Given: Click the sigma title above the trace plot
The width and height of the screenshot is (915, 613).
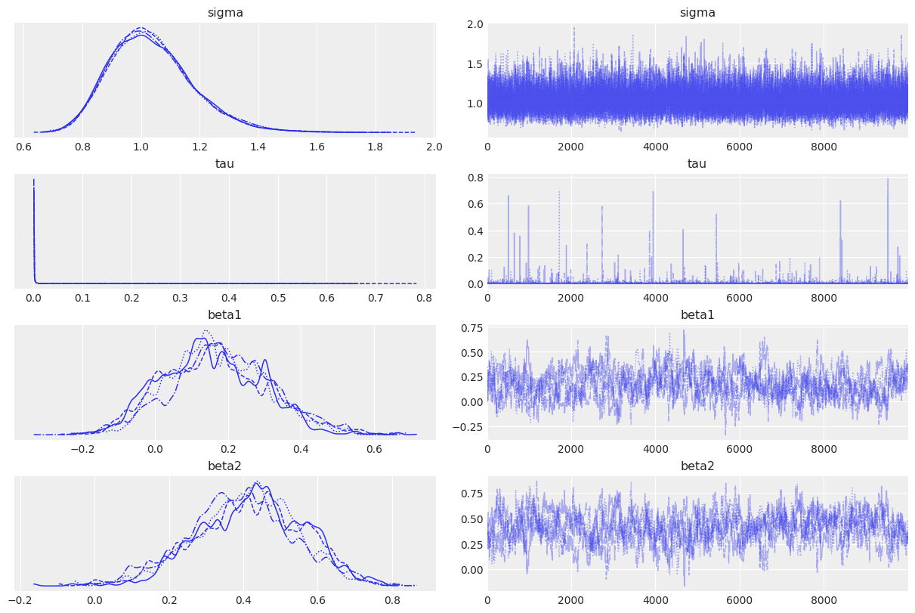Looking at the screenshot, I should tap(697, 12).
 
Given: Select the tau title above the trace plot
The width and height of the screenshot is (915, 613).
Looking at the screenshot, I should tap(697, 163).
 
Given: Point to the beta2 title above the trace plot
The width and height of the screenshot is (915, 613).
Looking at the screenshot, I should tap(697, 466).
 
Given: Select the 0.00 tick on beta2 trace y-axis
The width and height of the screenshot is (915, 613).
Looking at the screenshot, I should tap(473, 569).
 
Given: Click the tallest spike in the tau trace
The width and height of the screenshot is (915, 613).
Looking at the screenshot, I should tap(888, 180).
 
